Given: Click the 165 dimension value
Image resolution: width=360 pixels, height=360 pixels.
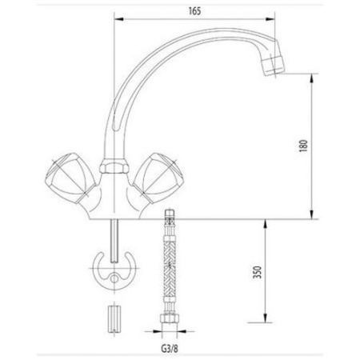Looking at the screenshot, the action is pyautogui.click(x=194, y=11).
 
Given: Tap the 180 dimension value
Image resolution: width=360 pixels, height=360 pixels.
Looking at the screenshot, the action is pyautogui.click(x=303, y=146).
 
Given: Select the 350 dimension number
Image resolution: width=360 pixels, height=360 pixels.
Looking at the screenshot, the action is pyautogui.click(x=258, y=272).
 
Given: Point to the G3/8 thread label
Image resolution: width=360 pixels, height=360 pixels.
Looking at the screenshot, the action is pyautogui.click(x=170, y=348).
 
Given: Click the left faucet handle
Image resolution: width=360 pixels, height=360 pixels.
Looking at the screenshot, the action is pyautogui.click(x=70, y=178).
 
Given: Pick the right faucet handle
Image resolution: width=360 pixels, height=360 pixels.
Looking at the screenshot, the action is pyautogui.click(x=158, y=178).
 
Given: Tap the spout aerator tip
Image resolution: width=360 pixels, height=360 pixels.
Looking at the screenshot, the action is pyautogui.click(x=273, y=66).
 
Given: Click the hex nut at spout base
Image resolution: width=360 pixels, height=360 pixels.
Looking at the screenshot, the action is pyautogui.click(x=114, y=166).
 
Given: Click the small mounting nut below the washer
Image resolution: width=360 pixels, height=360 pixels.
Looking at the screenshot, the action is pyautogui.click(x=114, y=319).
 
